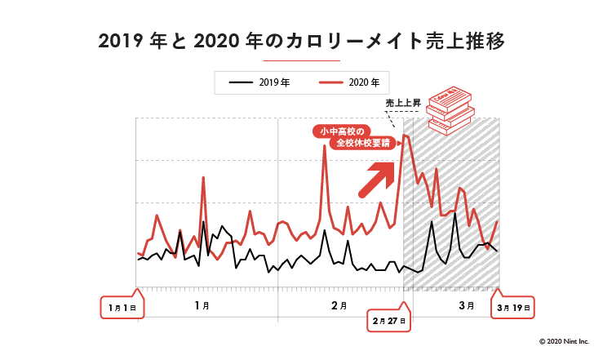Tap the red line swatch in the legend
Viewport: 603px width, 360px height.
click(x=330, y=82)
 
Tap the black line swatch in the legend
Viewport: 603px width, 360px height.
click(x=241, y=82)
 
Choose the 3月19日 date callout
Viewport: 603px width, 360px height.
click(x=514, y=307)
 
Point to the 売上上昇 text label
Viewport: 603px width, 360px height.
click(x=402, y=103)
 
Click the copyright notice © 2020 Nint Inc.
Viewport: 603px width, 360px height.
click(x=563, y=341)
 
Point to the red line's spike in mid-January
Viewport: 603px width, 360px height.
click(x=203, y=178)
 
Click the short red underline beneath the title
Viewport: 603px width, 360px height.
click(x=301, y=60)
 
